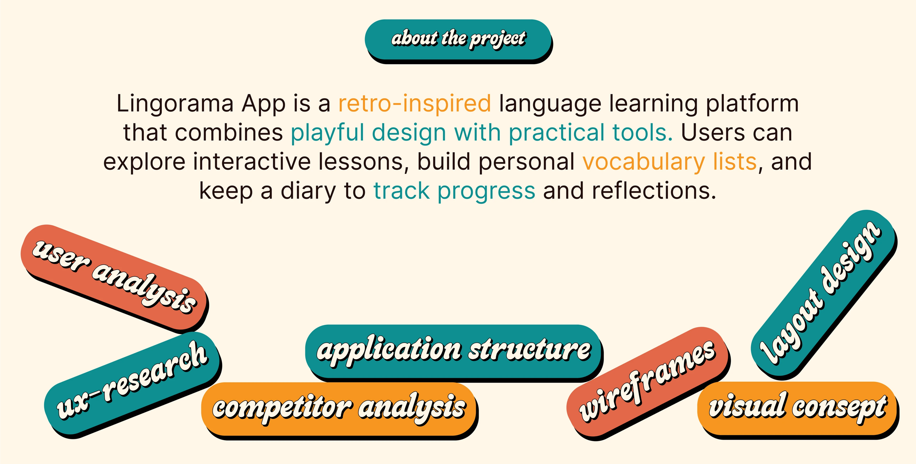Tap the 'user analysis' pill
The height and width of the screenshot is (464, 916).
(x=114, y=278)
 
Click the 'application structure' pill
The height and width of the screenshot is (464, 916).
(x=454, y=352)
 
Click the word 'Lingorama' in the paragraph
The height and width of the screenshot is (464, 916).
(x=175, y=104)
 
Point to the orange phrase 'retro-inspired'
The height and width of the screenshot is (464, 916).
(x=414, y=104)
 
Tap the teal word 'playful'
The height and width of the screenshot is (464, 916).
(x=327, y=133)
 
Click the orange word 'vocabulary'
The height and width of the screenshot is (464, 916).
(x=643, y=162)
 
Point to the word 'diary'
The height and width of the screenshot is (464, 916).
(x=308, y=191)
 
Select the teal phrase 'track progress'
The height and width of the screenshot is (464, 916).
(x=454, y=191)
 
